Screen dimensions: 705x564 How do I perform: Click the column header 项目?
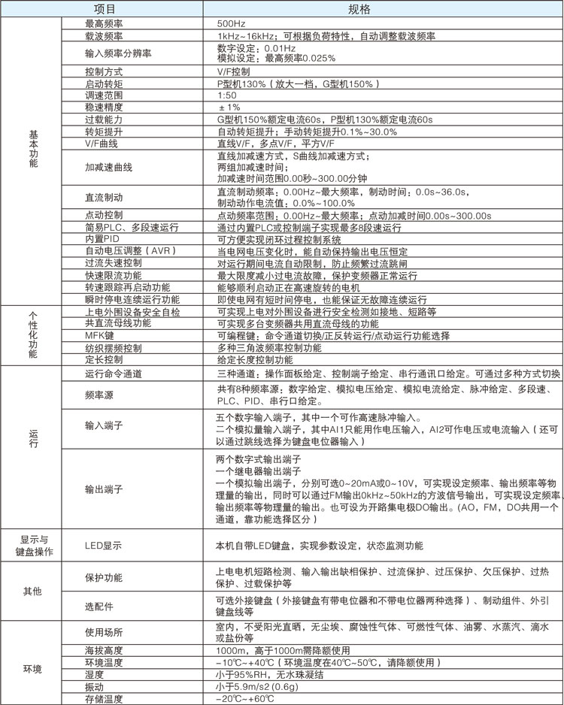pyautogui.click(x=105, y=9)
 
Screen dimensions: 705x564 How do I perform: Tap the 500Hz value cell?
pyautogui.click(x=229, y=23)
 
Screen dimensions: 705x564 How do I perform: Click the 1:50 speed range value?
pyautogui.click(x=227, y=95)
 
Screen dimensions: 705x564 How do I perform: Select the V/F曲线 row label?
pyautogui.click(x=102, y=143)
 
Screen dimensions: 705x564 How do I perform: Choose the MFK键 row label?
pyautogui.click(x=99, y=336)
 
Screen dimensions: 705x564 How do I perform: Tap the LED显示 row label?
pyautogui.click(x=104, y=545)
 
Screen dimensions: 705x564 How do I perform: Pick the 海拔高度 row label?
pyautogui.click(x=105, y=650)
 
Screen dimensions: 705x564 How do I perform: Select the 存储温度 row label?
pyautogui.click(x=105, y=699)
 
